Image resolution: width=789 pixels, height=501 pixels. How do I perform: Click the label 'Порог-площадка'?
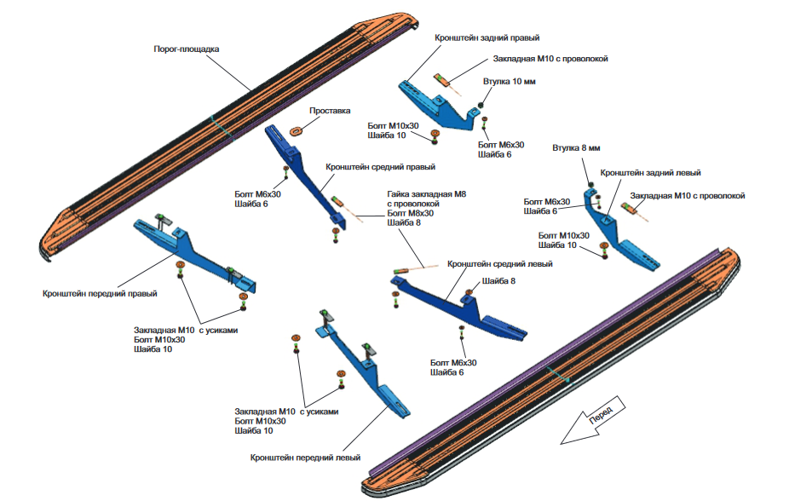click(x=187, y=49)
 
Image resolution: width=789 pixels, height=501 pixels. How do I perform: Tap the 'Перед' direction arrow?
click(x=593, y=420)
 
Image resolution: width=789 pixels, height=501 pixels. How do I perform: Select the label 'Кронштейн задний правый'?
click(x=487, y=37)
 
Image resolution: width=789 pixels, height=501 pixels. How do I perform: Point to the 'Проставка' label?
click(x=330, y=111)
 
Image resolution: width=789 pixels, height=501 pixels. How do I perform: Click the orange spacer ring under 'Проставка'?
click(x=296, y=130)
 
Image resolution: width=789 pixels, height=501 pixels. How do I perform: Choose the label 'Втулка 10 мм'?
click(x=510, y=82)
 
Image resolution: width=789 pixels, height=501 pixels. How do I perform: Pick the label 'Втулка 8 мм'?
click(x=576, y=148)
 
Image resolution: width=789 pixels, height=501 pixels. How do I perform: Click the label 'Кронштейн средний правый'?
click(x=380, y=167)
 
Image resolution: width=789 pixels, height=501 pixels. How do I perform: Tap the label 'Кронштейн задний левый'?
click(x=650, y=172)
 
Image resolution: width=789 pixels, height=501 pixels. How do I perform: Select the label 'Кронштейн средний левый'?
click(x=499, y=264)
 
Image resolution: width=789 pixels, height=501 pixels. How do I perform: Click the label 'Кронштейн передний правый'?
click(x=100, y=293)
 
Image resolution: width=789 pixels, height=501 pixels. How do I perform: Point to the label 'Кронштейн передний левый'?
click(x=305, y=458)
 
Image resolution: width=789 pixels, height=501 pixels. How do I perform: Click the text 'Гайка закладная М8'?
click(x=427, y=194)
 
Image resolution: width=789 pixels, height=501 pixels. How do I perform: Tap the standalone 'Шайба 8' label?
click(x=498, y=281)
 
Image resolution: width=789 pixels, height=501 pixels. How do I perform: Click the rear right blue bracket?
click(x=437, y=104)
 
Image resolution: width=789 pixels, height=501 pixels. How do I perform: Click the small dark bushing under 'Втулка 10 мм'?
click(x=481, y=105)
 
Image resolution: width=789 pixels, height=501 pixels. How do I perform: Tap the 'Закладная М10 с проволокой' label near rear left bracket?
click(x=688, y=196)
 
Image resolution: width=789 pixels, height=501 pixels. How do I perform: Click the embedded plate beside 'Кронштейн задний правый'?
click(x=443, y=80)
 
